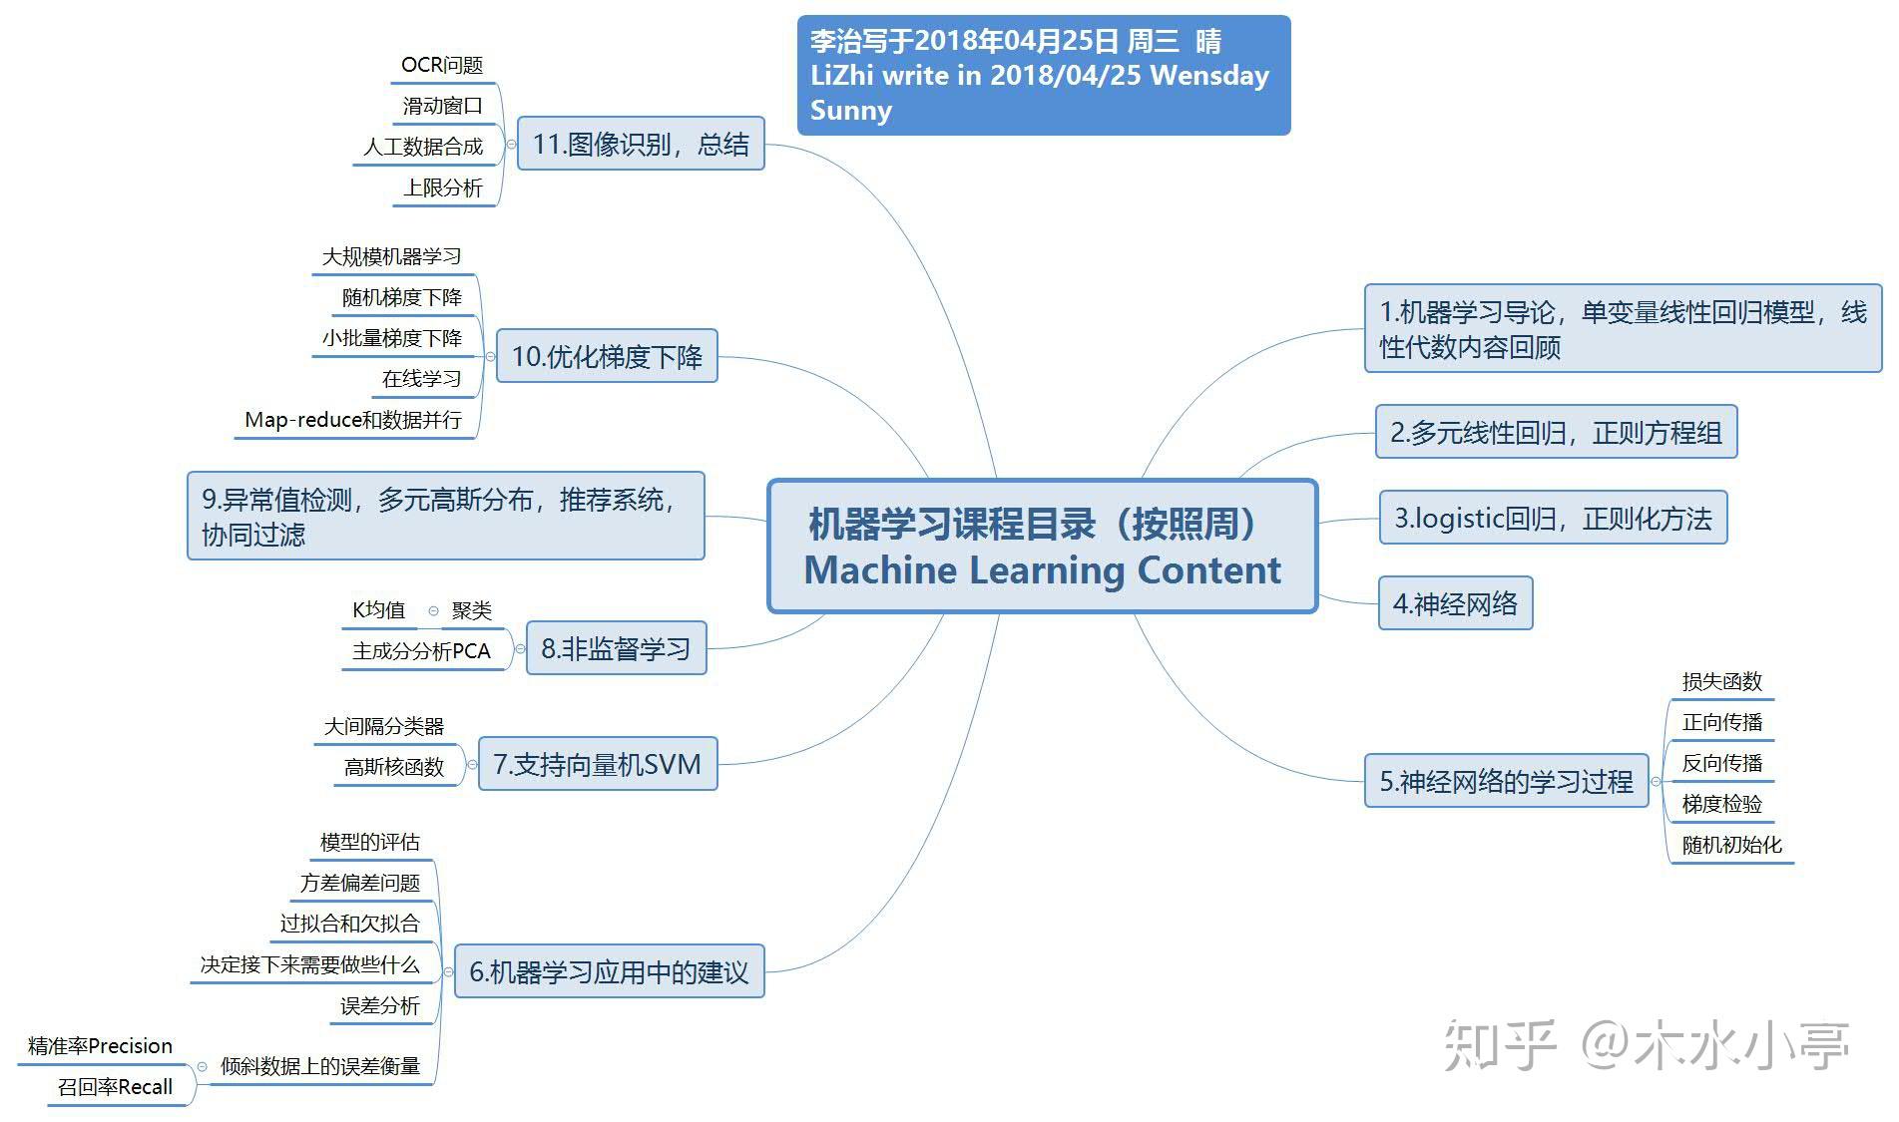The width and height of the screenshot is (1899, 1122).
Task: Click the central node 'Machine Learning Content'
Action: point(1043,546)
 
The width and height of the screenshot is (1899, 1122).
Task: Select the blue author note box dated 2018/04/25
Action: point(1044,75)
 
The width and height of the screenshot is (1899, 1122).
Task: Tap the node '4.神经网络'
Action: point(1455,603)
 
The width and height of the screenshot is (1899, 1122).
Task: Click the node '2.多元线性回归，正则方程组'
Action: point(1556,432)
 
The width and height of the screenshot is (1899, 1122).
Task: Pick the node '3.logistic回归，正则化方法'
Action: point(1553,518)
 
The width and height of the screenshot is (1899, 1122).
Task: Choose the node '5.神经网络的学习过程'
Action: point(1506,781)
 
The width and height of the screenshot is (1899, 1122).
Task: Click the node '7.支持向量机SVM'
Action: point(598,764)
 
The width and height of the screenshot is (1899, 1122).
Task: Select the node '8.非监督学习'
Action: point(616,648)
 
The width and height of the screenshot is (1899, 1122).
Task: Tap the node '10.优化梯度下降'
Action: point(607,356)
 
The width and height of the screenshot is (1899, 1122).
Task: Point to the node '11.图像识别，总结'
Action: point(641,144)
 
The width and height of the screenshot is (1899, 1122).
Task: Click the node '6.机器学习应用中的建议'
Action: point(609,971)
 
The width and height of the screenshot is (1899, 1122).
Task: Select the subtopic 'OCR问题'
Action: point(442,66)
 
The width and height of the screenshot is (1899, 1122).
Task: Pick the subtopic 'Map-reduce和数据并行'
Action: point(353,420)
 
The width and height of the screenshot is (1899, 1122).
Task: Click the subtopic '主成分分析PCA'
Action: point(421,651)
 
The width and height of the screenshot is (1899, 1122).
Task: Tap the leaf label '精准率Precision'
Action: point(100,1046)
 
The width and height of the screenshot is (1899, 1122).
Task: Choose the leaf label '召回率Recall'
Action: point(115,1087)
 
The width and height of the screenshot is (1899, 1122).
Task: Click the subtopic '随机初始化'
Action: point(1731,845)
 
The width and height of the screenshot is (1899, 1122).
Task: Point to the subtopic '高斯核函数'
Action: point(394,767)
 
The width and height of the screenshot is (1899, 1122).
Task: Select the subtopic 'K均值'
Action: point(378,610)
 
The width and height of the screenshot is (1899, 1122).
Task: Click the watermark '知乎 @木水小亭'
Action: point(1646,1045)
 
